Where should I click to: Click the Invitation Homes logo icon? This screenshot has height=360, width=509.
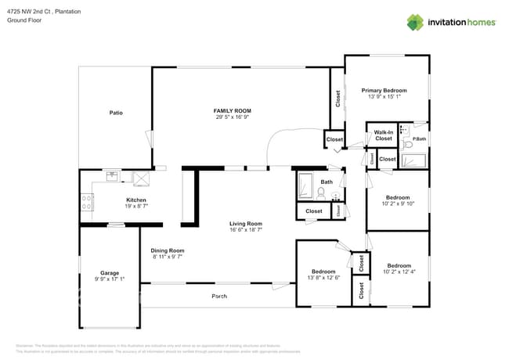point(416,22)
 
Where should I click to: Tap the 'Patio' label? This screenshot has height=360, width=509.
point(115,113)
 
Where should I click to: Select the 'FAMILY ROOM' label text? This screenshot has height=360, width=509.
point(233,111)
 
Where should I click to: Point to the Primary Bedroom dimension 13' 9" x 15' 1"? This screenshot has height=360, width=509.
point(384,96)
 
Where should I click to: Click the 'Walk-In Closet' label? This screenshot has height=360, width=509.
point(383,135)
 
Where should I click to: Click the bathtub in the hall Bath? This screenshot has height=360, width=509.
point(305,189)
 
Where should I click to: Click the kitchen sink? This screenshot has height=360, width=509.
point(113,175)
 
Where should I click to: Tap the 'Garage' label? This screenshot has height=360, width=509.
point(110,274)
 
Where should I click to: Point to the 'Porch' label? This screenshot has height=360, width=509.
point(219,296)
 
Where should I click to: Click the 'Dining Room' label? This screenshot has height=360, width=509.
point(167,250)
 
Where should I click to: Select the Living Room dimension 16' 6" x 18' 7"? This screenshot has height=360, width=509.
point(245,229)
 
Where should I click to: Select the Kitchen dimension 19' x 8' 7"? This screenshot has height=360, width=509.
point(135,206)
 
